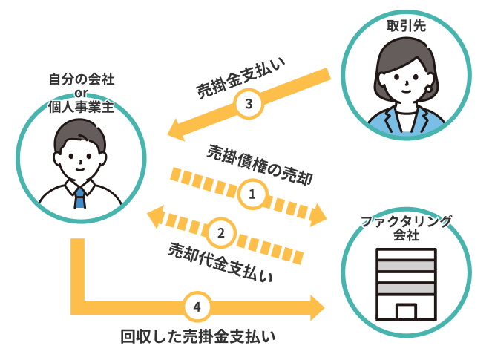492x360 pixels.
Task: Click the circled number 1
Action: [x=252, y=195]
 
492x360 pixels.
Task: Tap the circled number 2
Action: [x=221, y=232]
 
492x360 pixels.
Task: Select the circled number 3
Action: [x=249, y=105]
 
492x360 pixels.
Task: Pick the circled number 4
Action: [x=197, y=305]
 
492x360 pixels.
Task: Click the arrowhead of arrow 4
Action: [x=317, y=306]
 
